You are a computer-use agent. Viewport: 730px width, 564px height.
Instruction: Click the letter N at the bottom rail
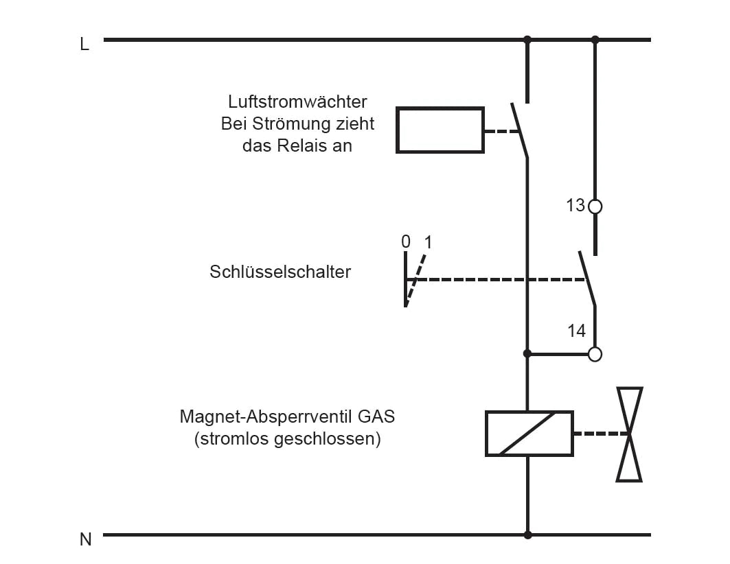point(85,539)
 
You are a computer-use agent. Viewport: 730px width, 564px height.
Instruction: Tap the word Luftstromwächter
point(297,102)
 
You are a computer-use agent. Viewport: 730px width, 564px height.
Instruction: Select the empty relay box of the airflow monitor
point(440,130)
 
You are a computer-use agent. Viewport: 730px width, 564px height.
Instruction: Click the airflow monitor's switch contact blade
point(520,130)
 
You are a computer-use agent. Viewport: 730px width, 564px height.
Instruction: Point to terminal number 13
point(575,205)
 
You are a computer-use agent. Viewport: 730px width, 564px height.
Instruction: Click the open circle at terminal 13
point(595,206)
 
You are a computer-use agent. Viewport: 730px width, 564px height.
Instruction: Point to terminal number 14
point(576,331)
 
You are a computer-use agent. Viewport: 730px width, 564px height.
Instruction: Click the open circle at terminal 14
point(595,354)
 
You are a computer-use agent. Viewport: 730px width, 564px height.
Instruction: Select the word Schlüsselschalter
point(280,272)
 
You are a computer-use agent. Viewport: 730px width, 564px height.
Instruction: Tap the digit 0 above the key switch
point(405,242)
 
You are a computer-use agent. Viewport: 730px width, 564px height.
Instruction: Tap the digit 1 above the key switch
point(429,242)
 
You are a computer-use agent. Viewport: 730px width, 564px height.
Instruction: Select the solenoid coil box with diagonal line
point(529,434)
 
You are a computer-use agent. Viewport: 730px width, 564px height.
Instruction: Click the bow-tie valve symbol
point(629,434)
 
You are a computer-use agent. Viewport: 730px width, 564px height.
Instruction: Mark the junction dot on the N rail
point(527,534)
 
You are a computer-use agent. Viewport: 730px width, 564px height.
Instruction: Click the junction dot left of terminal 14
point(527,354)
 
